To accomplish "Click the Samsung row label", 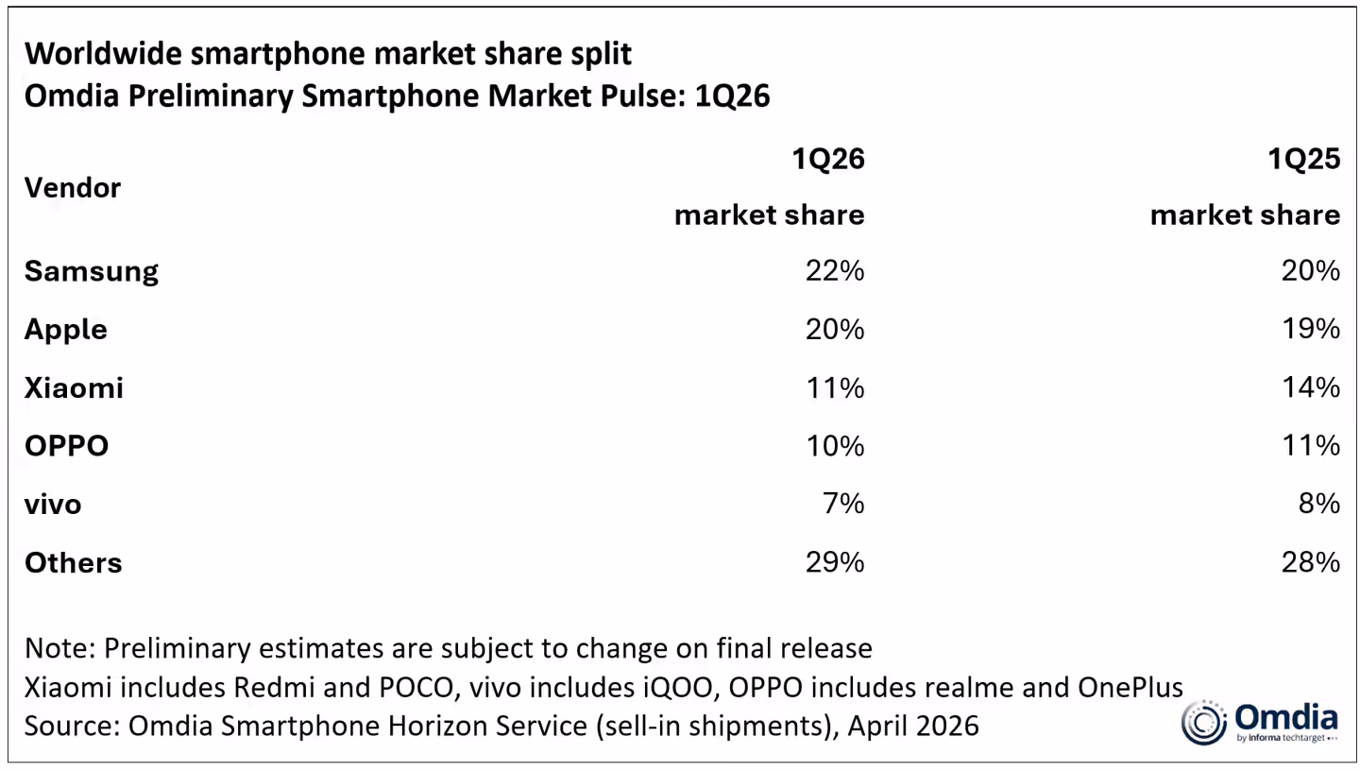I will pos(91,271).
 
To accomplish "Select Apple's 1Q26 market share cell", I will pos(835,330).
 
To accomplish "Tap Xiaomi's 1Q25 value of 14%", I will pos(1311,387).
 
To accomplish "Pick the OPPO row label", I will pos(66,446).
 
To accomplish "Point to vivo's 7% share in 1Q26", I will pos(844,504).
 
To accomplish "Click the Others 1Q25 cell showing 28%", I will pos(1311,562).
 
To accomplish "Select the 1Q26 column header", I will pos(828,159).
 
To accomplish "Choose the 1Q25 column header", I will pos(1303,159).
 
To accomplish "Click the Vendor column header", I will pos(73,187).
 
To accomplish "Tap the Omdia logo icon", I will pos(1203,723).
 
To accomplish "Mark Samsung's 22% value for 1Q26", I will pos(835,271).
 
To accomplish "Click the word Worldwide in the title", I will pos(103,53).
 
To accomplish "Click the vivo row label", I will pos(53,504).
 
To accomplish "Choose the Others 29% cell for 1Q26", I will pos(835,562).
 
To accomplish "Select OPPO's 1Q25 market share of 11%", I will pos(1311,446).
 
